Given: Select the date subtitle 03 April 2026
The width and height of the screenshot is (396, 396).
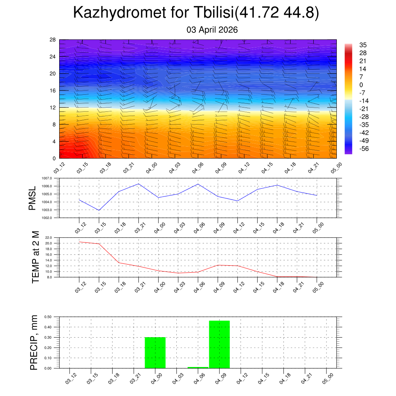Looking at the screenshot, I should click(x=212, y=30).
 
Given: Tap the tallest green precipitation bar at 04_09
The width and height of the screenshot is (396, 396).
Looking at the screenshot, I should click(x=219, y=344).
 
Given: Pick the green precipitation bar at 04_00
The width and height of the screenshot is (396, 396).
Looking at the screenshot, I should click(x=155, y=353).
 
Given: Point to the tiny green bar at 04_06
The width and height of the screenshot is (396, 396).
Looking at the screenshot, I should click(x=198, y=367).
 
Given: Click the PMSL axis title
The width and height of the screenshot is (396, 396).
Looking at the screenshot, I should click(x=32, y=198).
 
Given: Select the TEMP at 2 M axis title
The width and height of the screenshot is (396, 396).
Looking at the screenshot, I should click(x=36, y=257).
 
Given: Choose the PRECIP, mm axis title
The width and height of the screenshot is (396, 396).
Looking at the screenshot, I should click(x=34, y=343).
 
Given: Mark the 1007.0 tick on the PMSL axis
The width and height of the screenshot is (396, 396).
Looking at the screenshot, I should click(x=51, y=178).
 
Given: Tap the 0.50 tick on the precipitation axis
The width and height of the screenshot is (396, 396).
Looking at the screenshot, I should click(x=48, y=317).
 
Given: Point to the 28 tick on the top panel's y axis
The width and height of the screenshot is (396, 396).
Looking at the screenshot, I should click(x=53, y=40).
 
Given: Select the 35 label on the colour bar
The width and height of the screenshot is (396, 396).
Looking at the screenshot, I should click(x=363, y=45).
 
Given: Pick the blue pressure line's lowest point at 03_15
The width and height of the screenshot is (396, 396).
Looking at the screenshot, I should click(x=99, y=210).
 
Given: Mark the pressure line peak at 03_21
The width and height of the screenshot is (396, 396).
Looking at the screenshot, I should click(x=138, y=184).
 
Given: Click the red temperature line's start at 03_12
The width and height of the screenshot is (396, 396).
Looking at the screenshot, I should click(x=79, y=242).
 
